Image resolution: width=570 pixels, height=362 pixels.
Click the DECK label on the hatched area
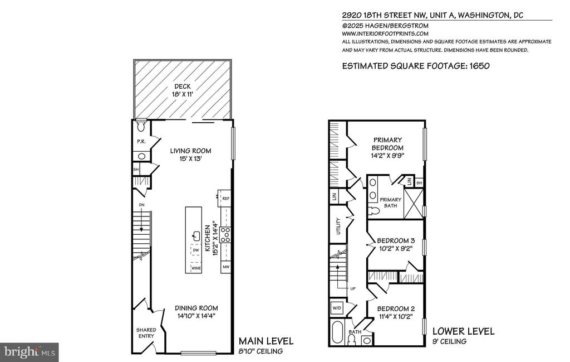(x=183, y=86)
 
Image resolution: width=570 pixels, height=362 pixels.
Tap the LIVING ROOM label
(x=190, y=151)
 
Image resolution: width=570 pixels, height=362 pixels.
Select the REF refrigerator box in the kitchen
(x=225, y=198)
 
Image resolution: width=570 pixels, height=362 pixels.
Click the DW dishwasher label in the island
(x=196, y=250)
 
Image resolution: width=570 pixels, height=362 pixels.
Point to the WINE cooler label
(x=196, y=268)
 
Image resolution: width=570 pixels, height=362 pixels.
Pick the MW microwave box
(x=226, y=267)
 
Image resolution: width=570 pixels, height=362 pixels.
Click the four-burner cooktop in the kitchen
(x=225, y=234)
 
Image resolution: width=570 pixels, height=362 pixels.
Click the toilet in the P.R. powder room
(x=141, y=127)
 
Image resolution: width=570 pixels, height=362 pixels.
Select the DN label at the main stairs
(x=142, y=205)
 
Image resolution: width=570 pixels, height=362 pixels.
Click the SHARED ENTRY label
(x=146, y=333)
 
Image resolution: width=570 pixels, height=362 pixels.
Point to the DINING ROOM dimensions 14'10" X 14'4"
(x=196, y=316)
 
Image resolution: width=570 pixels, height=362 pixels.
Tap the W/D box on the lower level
(x=337, y=308)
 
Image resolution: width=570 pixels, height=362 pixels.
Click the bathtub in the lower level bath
(x=337, y=332)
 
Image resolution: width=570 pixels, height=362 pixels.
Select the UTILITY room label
(x=338, y=226)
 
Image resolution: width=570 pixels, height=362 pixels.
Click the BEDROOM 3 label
(x=396, y=241)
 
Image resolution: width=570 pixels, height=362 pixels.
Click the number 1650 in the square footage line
(x=479, y=66)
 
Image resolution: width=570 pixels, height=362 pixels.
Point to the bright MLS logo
(x=30, y=353)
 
